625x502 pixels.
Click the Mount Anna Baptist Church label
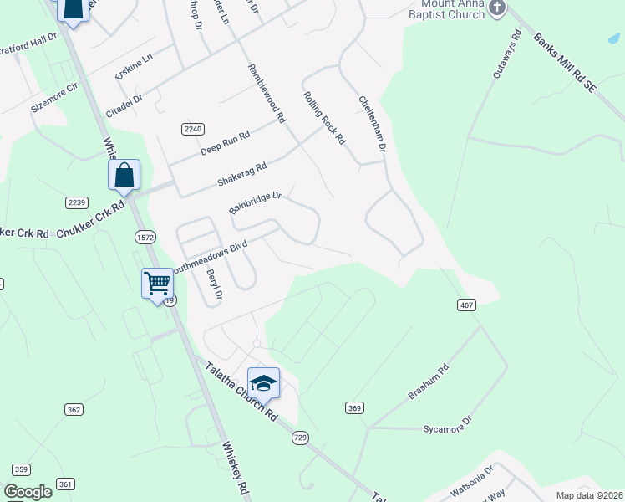(x=447, y=9)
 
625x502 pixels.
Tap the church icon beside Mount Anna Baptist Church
(x=497, y=8)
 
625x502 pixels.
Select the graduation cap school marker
(x=263, y=383)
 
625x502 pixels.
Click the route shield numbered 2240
(x=192, y=128)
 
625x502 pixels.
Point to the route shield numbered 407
(x=467, y=305)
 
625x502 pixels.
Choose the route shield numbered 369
(x=354, y=407)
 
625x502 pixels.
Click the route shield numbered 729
(x=301, y=438)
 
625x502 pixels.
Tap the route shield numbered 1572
(x=143, y=238)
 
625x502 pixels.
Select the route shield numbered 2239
(x=76, y=202)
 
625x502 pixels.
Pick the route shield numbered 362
(x=74, y=409)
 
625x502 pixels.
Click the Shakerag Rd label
(x=241, y=173)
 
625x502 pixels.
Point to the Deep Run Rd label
(x=225, y=144)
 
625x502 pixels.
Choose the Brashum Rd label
(x=429, y=383)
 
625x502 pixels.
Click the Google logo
(x=28, y=492)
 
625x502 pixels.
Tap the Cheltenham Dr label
(x=372, y=122)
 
